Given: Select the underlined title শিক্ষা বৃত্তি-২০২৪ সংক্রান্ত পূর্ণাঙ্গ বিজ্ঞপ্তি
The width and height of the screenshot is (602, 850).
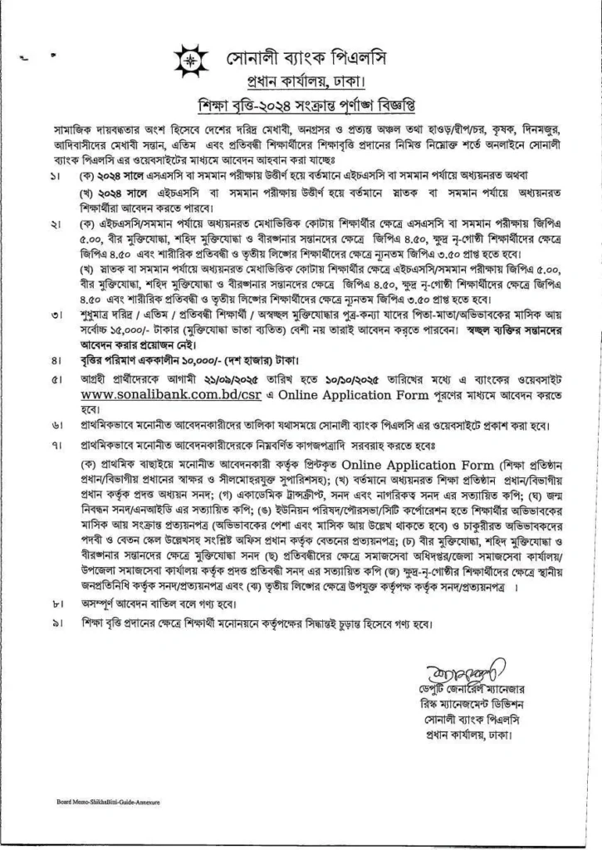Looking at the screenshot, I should [301, 109].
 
